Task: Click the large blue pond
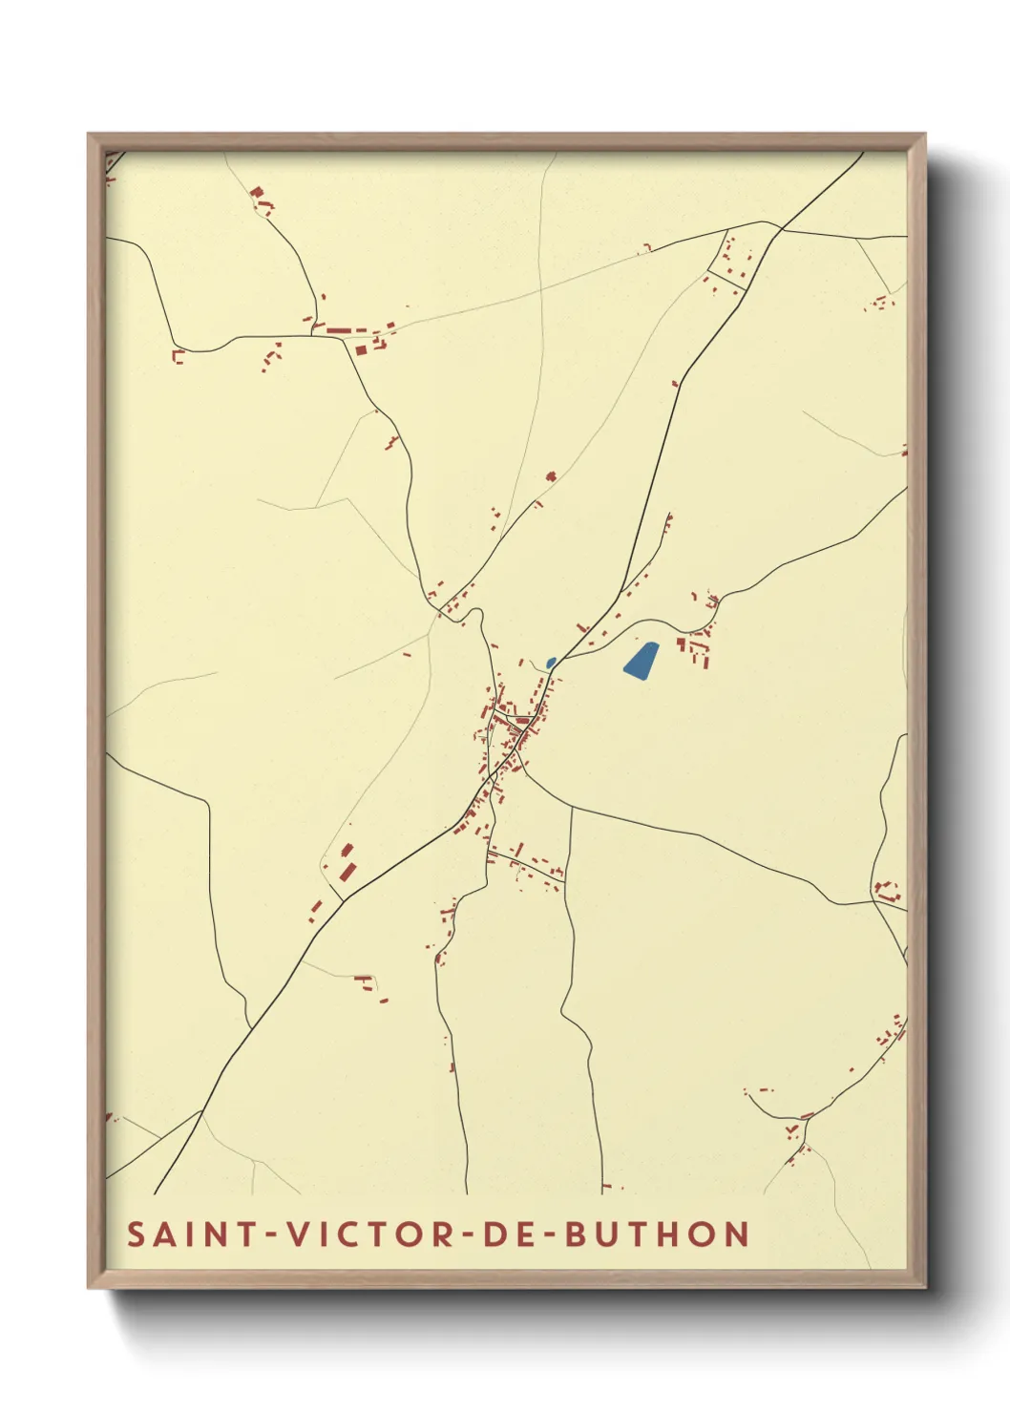coord(641,660)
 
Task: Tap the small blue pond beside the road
coord(550,662)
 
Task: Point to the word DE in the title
coord(505,1234)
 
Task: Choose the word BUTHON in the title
coord(657,1234)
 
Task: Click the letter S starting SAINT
coord(137,1234)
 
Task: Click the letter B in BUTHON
coord(576,1234)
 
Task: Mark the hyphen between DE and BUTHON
coord(546,1234)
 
